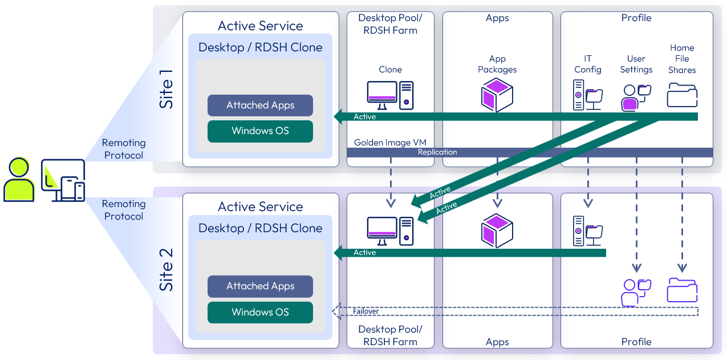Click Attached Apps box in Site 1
(x=260, y=105)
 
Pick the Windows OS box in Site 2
(x=260, y=312)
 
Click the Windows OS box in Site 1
(x=260, y=131)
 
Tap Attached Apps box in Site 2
(x=260, y=286)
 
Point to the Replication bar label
(x=437, y=152)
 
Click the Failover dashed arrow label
(x=365, y=312)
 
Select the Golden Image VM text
(x=390, y=142)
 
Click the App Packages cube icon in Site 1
(x=497, y=95)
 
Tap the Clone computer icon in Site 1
(x=390, y=95)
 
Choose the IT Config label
(x=587, y=64)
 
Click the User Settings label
(x=636, y=64)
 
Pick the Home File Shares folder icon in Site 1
(x=682, y=95)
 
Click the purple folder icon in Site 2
(x=682, y=290)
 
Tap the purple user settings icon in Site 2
(x=635, y=292)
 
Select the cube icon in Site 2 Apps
(x=497, y=230)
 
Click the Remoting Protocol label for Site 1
(x=123, y=149)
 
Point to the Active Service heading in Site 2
(x=260, y=207)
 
